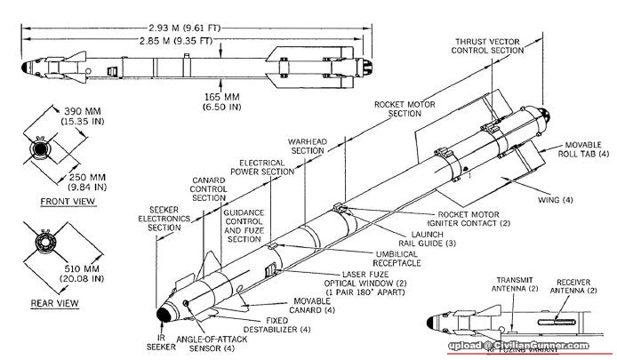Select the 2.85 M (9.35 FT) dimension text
tap(179, 41)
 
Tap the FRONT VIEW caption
tap(67, 201)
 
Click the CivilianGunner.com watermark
tap(532, 346)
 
